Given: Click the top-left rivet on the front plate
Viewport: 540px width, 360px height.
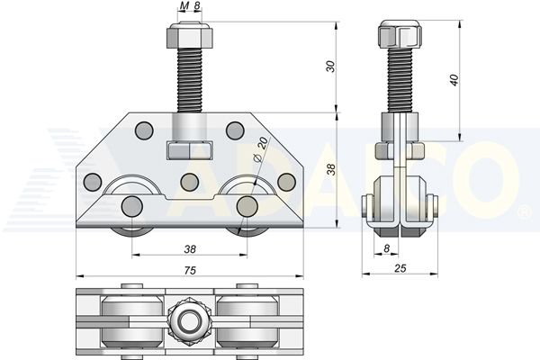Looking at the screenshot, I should [142, 130].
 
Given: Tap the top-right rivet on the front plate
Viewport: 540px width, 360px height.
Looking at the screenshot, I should [234, 130].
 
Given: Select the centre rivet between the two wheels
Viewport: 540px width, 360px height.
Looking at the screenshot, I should [189, 182].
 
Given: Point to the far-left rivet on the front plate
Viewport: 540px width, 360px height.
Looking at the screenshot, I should [93, 183].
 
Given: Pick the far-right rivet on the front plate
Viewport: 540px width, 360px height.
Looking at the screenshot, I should [286, 182].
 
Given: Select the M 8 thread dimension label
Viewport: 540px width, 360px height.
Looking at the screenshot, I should [189, 7].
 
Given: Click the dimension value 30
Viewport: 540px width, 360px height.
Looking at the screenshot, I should [330, 66].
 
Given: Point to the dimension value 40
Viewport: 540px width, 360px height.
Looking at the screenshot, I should [455, 79].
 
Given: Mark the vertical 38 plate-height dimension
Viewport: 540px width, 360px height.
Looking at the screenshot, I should [330, 169].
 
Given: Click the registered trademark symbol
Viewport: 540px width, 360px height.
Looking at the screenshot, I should [523, 212].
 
